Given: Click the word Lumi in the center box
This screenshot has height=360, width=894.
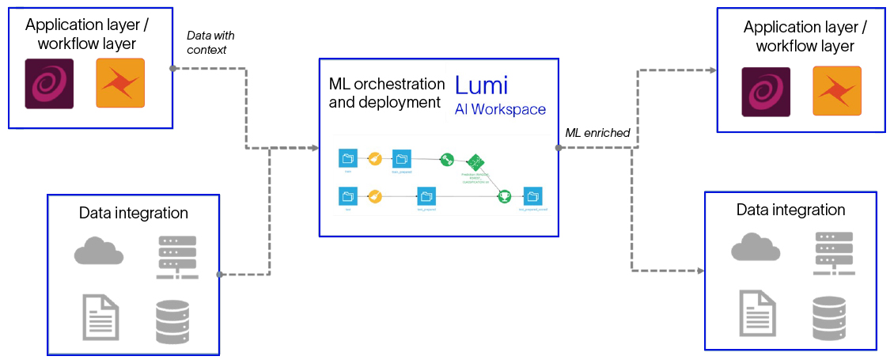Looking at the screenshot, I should point(481,85).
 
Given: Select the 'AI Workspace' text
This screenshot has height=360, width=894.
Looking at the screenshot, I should point(500,109).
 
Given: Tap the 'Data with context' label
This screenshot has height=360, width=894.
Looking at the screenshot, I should point(210,43).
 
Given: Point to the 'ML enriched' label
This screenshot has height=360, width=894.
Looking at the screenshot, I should point(597,133).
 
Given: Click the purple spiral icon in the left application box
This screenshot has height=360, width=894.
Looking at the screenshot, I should point(49,83).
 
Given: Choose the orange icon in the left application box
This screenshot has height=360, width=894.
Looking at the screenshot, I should point(120,83).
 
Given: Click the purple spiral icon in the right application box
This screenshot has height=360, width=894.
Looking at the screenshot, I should point(766,91).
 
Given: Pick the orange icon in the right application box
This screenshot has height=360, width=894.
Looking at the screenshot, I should point(837,91).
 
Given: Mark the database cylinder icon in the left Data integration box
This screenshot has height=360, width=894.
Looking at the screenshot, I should point(172,322).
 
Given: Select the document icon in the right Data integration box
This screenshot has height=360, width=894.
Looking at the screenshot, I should point(757,313).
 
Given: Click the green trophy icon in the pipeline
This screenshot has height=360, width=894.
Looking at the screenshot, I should point(504,196).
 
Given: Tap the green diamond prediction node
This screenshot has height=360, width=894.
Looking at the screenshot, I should point(475,162).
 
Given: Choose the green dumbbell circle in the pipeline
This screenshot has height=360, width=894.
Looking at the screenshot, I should point(447,159).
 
